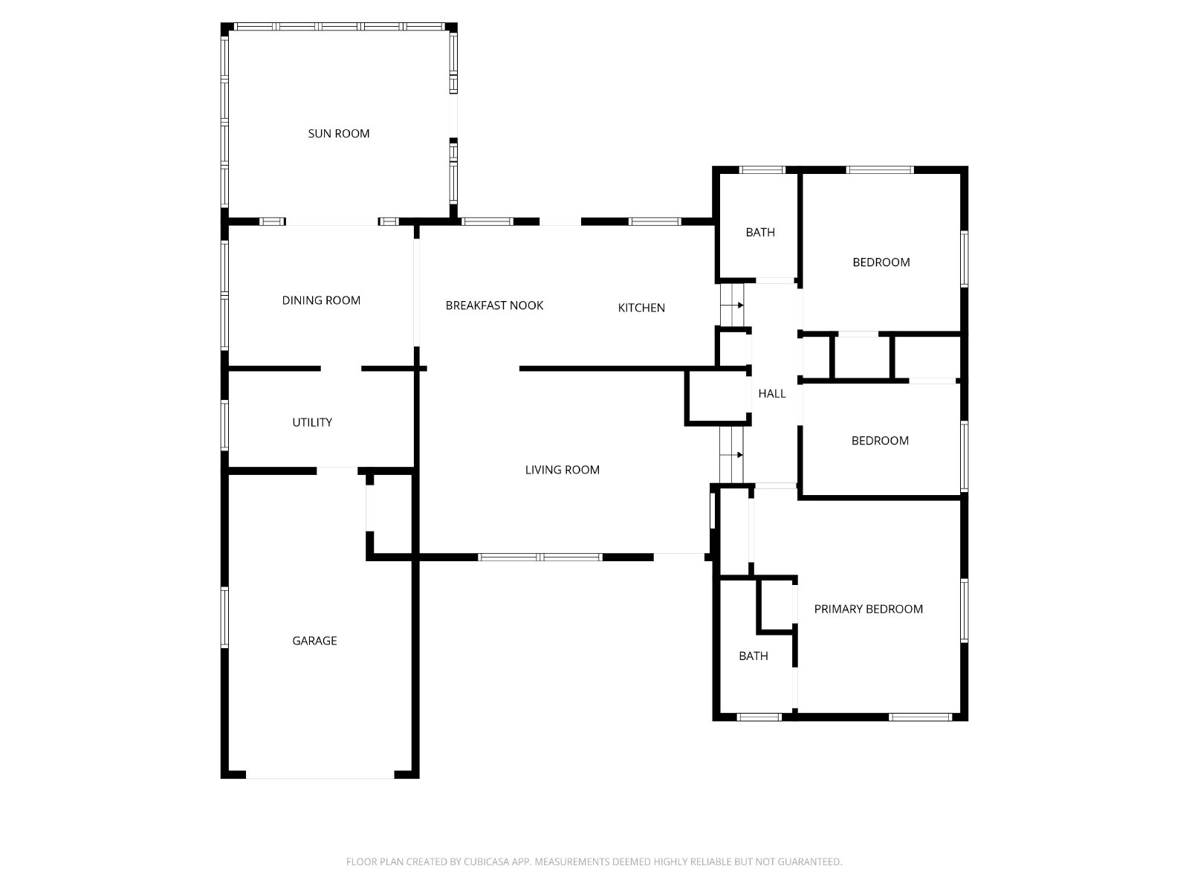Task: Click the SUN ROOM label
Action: point(338,134)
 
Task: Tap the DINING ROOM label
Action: point(321,300)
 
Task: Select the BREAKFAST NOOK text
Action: point(494,306)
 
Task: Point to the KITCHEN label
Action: point(641,308)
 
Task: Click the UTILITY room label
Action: point(312,422)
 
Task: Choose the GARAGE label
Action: point(314,641)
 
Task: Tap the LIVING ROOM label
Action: point(562,470)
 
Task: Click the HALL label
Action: point(771,394)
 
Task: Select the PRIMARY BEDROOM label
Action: point(868,609)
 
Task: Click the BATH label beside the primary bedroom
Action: point(753,656)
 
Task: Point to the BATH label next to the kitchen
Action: point(759,233)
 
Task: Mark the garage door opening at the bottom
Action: point(320,775)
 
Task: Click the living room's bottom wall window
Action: point(540,557)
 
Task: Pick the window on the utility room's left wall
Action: point(224,424)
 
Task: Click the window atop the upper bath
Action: point(762,169)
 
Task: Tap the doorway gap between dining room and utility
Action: point(341,368)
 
